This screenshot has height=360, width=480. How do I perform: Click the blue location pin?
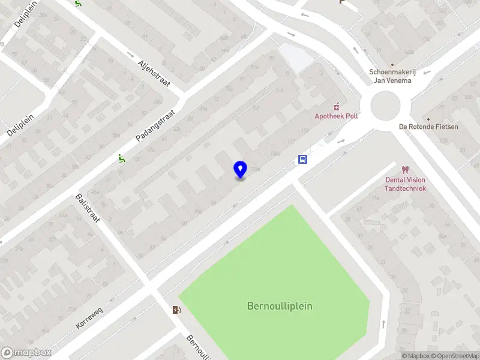[240, 170]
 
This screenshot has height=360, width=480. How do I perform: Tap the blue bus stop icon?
[302, 160]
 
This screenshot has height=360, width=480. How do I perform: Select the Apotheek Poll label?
[336, 116]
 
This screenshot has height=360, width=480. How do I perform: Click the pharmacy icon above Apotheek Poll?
[336, 105]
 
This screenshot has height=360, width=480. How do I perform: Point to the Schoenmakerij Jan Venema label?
[392, 77]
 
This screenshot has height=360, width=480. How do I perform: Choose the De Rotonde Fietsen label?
[428, 127]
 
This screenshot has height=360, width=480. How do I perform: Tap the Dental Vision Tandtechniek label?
[406, 184]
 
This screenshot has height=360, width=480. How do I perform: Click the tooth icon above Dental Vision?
[405, 170]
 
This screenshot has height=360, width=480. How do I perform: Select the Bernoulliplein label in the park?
[280, 306]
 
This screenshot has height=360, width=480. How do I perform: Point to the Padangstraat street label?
[155, 125]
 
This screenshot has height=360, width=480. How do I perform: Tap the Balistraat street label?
[89, 208]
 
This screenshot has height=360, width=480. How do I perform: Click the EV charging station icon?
[176, 310]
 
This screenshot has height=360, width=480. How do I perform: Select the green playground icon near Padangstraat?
[121, 159]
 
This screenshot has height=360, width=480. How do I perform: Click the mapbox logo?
[26, 353]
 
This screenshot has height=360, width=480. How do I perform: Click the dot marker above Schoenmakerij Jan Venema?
[392, 64]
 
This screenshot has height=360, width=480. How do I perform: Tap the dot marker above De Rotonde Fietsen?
[428, 119]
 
